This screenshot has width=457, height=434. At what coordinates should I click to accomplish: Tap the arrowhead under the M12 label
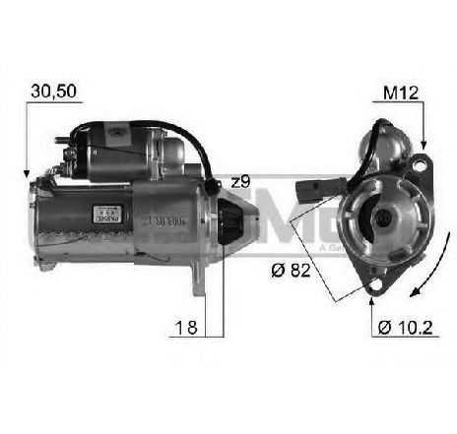tap(423, 145)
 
